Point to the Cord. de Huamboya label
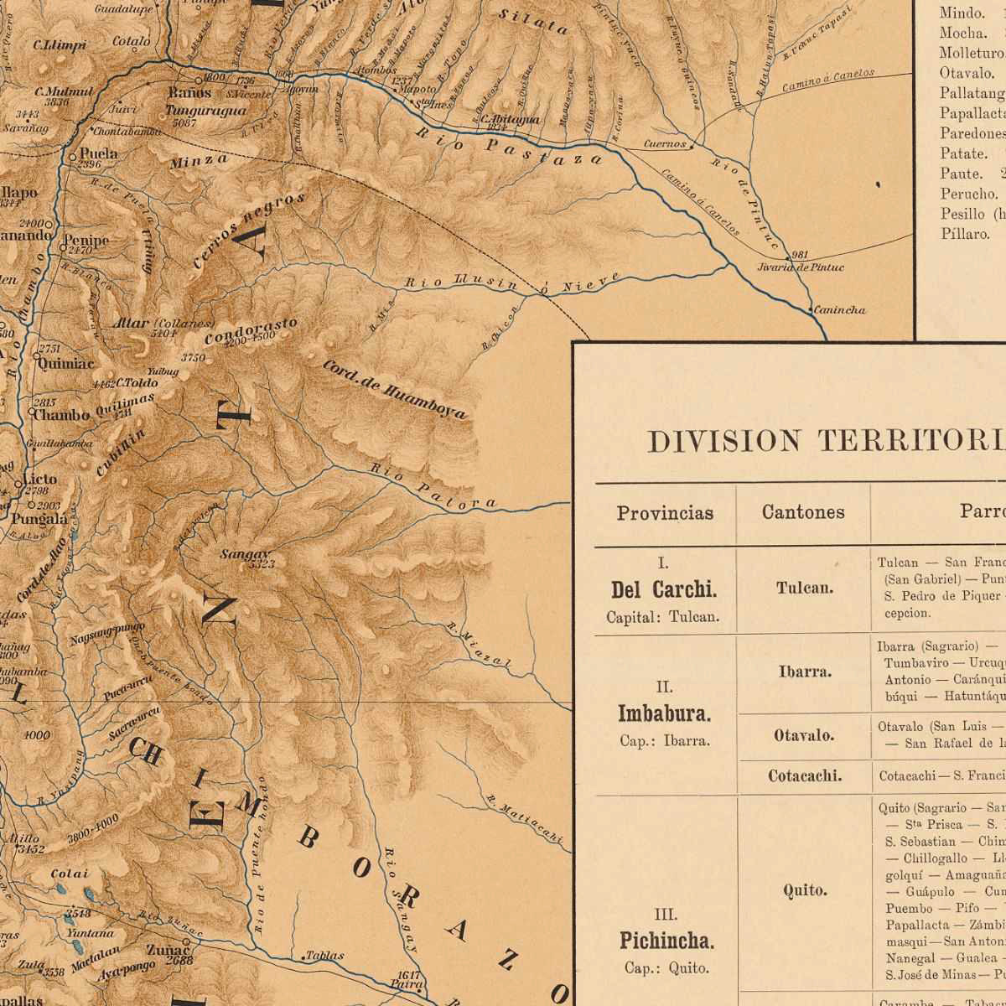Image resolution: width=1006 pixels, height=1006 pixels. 394,390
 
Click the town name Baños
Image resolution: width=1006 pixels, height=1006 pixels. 189,93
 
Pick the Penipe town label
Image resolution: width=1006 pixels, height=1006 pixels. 86,241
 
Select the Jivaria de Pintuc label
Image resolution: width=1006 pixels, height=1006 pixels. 800,267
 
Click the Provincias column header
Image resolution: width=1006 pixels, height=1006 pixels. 665,513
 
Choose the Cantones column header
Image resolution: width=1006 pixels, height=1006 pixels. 803,512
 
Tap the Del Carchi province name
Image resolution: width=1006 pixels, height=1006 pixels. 664,590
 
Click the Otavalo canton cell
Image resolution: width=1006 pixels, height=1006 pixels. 804,736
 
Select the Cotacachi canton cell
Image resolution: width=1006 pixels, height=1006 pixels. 805,776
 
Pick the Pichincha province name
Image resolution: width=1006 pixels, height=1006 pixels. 666,941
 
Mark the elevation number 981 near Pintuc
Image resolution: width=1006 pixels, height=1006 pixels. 799,255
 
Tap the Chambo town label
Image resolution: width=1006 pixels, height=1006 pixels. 61,415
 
